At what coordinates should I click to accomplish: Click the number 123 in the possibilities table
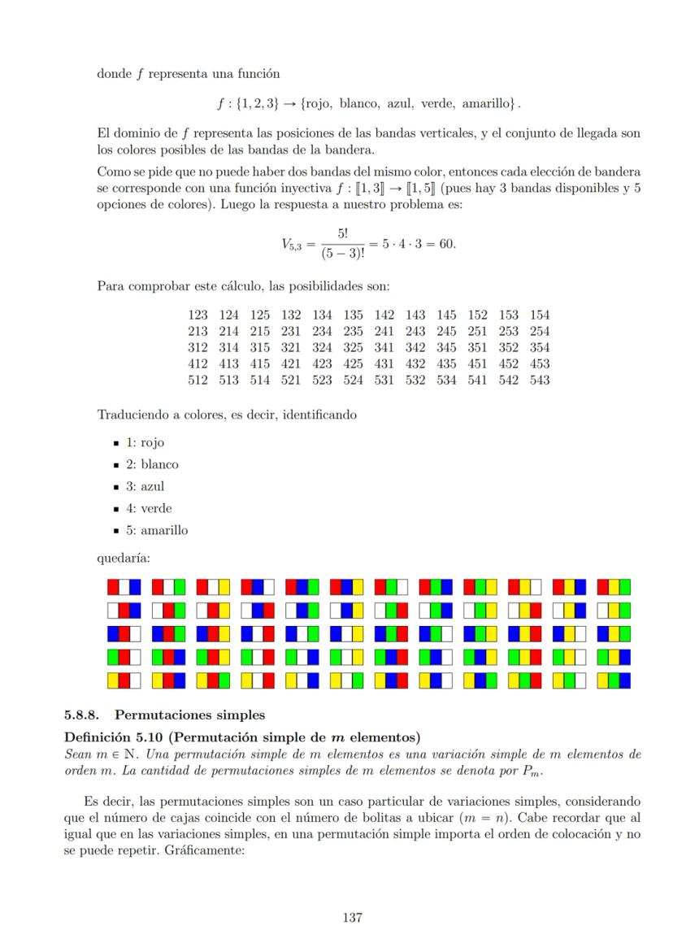tap(198, 315)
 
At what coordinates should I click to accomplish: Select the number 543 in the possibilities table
tap(539, 380)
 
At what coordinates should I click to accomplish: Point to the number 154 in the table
tap(539, 315)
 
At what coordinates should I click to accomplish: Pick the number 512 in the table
tap(198, 380)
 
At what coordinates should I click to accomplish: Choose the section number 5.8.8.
tap(81, 716)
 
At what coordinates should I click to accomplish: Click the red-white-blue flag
tap(124, 586)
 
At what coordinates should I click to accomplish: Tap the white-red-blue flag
tap(124, 610)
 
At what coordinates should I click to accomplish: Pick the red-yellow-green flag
tap(614, 586)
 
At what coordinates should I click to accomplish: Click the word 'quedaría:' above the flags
tap(124, 559)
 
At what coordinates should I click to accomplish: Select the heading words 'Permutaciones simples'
tap(190, 716)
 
